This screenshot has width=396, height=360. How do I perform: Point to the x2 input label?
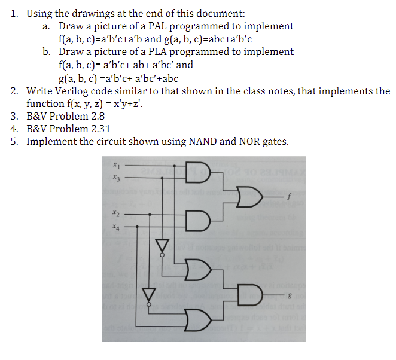(x=115, y=213)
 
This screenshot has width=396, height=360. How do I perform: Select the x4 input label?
(x=115, y=227)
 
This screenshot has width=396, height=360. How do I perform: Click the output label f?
(x=288, y=194)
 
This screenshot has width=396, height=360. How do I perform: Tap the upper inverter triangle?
(x=160, y=245)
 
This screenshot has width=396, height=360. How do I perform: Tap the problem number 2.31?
(x=96, y=129)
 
